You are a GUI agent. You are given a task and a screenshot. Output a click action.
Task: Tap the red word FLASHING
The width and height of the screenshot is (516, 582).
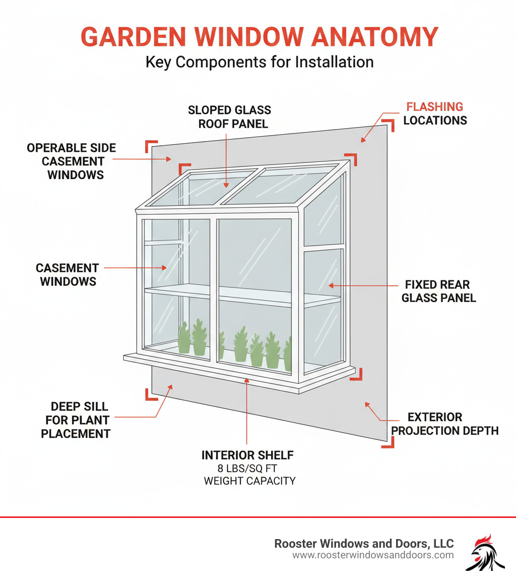click(434, 107)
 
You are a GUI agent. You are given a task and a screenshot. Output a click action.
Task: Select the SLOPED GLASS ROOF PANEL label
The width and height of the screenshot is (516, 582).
click(229, 117)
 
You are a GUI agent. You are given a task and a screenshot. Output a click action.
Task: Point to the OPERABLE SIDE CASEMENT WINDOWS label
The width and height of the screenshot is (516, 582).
click(72, 161)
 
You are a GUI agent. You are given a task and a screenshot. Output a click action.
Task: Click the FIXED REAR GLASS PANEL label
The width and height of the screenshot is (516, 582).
click(438, 291)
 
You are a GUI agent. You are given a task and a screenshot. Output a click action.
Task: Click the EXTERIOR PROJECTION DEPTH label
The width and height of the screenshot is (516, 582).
click(444, 424)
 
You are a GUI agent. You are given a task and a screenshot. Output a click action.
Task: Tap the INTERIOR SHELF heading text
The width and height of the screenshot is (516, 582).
click(247, 455)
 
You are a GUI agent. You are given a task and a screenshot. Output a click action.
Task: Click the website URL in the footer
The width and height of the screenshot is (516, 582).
click(373, 555)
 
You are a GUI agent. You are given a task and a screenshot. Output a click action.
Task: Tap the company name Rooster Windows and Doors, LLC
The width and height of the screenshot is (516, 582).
click(364, 543)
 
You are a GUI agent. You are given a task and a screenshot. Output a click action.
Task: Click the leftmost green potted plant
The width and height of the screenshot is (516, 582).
click(184, 338)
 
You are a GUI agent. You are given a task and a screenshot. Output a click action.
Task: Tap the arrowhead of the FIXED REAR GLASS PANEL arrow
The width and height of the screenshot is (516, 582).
click(331, 285)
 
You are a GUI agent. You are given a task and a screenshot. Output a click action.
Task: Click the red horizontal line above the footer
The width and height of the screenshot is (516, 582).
click(258, 517)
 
